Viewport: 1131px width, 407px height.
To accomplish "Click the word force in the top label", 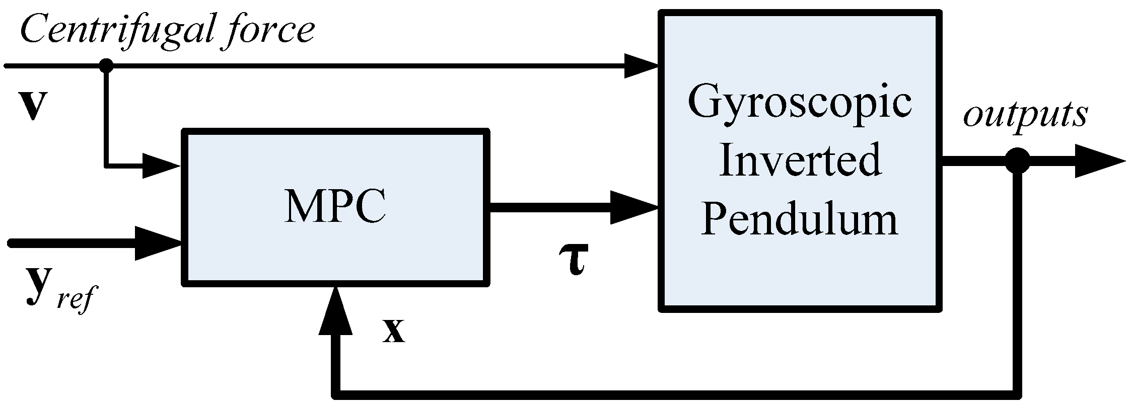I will (266, 30).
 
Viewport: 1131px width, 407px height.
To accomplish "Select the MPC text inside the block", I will (335, 207).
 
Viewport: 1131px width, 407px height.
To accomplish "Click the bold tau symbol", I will (573, 259).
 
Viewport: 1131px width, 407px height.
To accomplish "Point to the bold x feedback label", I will (393, 331).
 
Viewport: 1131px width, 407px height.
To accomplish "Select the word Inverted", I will (800, 161).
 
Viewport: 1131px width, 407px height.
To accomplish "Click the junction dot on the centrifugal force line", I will (106, 65).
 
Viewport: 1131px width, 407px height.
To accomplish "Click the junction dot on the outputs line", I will (1017, 161).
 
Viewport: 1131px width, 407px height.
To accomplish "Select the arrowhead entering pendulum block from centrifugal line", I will (641, 66).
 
